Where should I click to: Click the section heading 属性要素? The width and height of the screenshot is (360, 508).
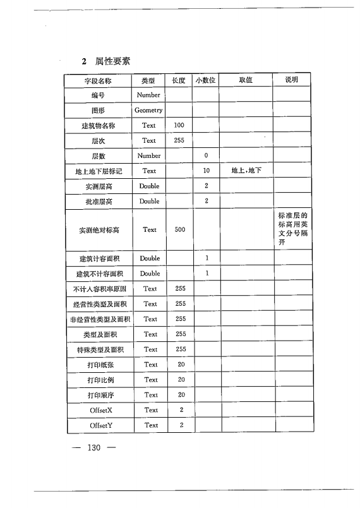pyautogui.click(x=112, y=61)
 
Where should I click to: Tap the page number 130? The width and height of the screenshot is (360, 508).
pyautogui.click(x=95, y=448)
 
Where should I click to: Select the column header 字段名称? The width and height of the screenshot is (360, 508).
pyautogui.click(x=98, y=80)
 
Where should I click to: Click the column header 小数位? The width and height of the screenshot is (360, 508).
pyautogui.click(x=205, y=80)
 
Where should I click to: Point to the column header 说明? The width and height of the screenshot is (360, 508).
pyautogui.click(x=292, y=80)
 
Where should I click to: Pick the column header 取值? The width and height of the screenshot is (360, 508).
pyautogui.click(x=246, y=80)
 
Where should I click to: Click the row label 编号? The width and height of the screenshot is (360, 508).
pyautogui.click(x=98, y=95)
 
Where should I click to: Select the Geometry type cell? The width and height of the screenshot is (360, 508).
pyautogui.click(x=149, y=111)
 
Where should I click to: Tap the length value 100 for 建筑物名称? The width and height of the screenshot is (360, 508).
pyautogui.click(x=179, y=126)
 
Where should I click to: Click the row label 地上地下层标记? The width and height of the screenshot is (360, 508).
pyautogui.click(x=98, y=171)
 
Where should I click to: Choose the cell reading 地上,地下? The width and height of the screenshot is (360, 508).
pyautogui.click(x=246, y=171)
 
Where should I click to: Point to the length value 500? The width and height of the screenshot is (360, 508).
pyautogui.click(x=179, y=229)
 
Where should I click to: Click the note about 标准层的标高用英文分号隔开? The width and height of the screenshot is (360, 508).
pyautogui.click(x=292, y=229)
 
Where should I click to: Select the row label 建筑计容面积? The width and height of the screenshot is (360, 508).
pyautogui.click(x=98, y=258)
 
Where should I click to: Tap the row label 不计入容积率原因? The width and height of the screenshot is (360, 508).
pyautogui.click(x=98, y=289)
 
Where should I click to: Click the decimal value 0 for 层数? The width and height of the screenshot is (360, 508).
pyautogui.click(x=206, y=155)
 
